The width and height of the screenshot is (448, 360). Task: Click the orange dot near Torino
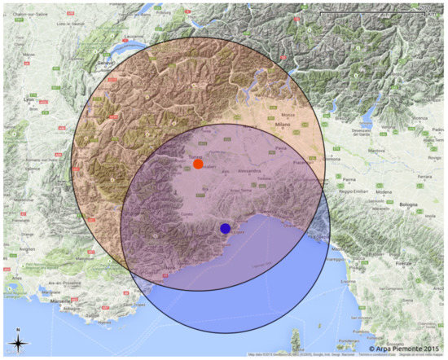[x=198, y=164]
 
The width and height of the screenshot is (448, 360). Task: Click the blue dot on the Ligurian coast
[x=225, y=228]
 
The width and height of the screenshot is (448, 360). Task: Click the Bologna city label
[x=408, y=204]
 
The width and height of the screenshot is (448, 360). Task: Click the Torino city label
[x=195, y=156]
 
